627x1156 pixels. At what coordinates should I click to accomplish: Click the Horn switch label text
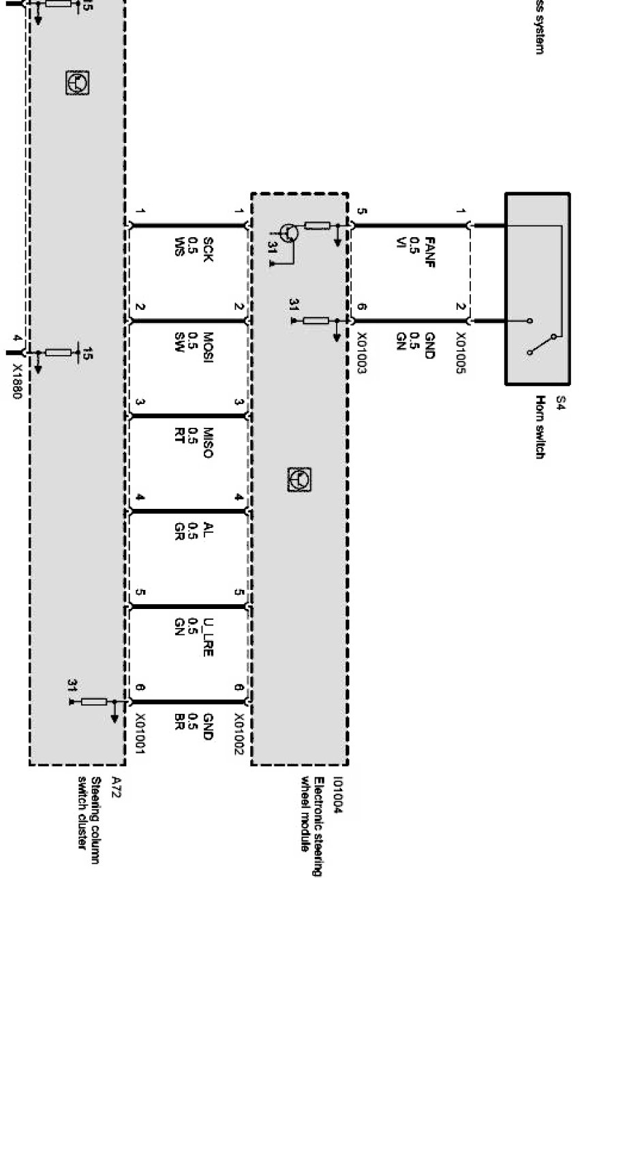click(540, 427)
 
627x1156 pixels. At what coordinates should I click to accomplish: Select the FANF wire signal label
click(429, 252)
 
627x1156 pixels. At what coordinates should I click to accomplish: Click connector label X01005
click(461, 353)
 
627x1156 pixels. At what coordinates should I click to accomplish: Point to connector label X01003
click(362, 353)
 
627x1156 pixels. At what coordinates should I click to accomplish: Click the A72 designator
click(117, 787)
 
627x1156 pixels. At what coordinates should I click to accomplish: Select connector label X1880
click(17, 380)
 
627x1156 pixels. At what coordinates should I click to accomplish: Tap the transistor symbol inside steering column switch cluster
click(78, 83)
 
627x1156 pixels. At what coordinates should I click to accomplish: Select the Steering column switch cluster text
click(89, 821)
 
